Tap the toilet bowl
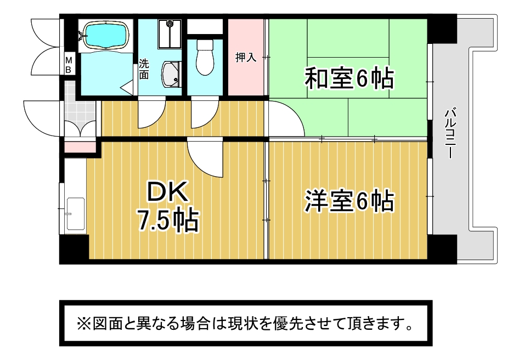coord(204,58)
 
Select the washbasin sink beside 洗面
coord(171,75)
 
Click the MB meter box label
coord(69,65)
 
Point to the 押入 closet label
coord(246,57)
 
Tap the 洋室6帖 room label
coord(349,201)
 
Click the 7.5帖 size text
coord(168,220)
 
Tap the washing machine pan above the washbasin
coord(170,34)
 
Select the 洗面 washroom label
coord(144,69)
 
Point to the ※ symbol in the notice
coord(83,324)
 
